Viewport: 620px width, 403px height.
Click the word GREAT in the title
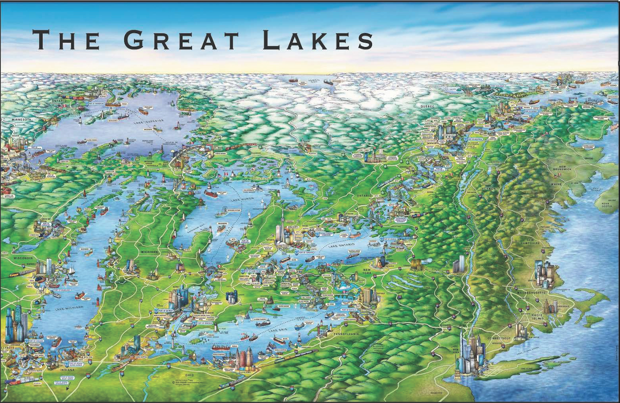(x=181, y=40)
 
